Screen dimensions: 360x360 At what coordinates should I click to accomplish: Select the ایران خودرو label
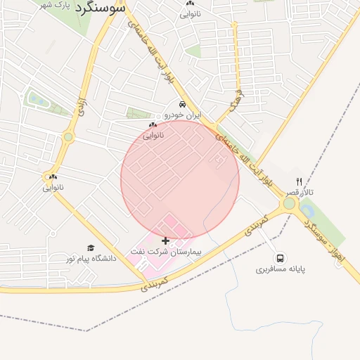[183, 114]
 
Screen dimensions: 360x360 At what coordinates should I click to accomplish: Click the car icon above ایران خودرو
[183, 104]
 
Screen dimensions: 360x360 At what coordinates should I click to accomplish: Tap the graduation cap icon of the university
[91, 247]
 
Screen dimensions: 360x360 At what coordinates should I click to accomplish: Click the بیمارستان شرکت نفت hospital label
[165, 251]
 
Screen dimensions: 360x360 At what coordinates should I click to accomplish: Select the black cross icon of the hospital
[166, 240]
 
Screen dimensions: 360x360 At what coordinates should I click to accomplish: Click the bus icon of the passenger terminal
[281, 258]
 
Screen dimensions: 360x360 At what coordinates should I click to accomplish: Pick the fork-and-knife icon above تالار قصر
[299, 181]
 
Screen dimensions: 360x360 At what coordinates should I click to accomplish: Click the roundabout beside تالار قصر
[289, 204]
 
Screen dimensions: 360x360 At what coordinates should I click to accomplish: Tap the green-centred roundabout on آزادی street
[68, 137]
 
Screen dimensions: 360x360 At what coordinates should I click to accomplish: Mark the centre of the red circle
[180, 179]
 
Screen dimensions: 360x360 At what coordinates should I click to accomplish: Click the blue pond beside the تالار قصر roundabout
[307, 210]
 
